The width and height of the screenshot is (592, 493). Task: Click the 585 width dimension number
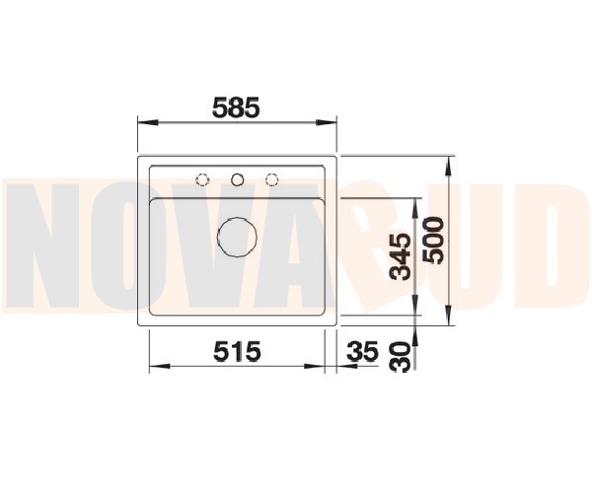[x=237, y=107]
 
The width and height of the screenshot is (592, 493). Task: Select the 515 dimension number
[x=237, y=351]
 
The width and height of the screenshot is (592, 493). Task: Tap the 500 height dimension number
[x=433, y=241]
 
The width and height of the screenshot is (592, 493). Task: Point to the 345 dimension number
[x=401, y=257]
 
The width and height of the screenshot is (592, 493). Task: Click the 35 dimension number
[x=362, y=351]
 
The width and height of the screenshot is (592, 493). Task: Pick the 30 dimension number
[x=401, y=357]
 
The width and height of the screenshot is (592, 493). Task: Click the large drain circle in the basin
[x=237, y=237]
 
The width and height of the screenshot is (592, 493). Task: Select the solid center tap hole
[x=237, y=179]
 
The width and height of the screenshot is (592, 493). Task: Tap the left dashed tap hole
[x=202, y=179]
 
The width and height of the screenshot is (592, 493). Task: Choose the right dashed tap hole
[x=271, y=179]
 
